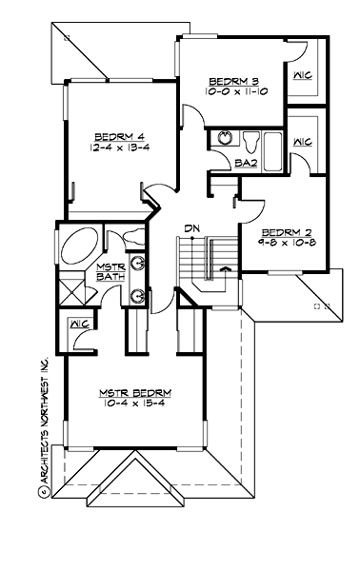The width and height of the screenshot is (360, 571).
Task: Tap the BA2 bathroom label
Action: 244,164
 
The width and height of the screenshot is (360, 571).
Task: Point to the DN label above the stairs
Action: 190,228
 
